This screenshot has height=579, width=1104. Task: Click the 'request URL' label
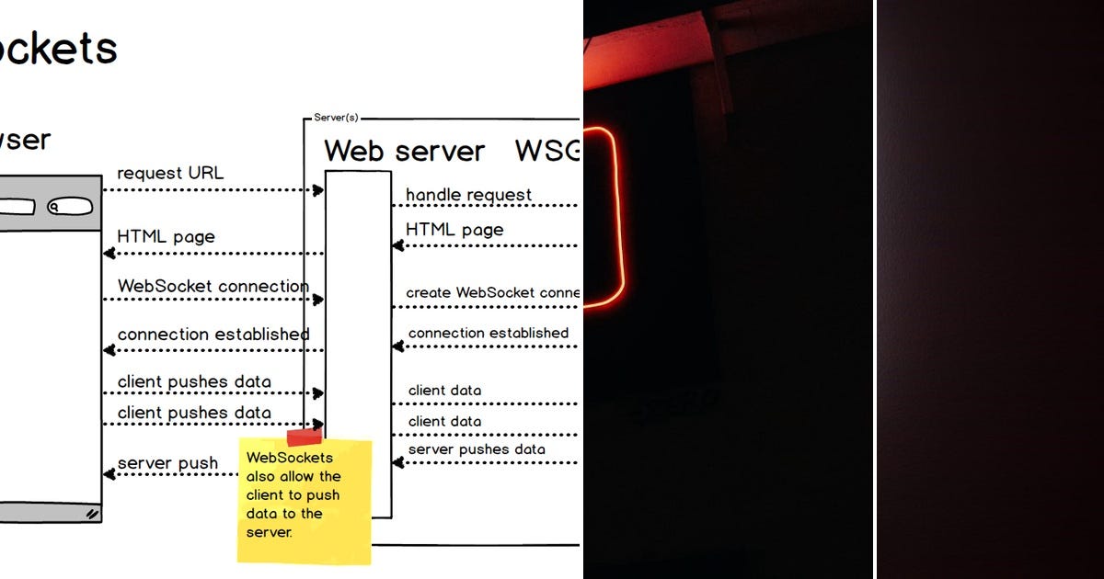point(170,173)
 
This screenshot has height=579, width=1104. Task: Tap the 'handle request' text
point(468,195)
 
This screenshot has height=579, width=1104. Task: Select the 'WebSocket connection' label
point(213,286)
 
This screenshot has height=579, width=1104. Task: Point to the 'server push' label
point(167,462)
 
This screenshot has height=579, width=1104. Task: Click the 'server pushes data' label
point(477,449)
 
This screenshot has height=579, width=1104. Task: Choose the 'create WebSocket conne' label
point(492,292)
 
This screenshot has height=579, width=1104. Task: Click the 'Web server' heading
point(404,151)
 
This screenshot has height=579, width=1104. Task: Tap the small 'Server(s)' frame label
point(336,118)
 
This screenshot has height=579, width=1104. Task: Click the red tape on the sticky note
point(304,437)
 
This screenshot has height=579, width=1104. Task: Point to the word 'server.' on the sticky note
point(269,532)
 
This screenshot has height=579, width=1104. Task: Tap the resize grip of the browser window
point(92,515)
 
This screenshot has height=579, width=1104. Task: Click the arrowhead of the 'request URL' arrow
point(318,190)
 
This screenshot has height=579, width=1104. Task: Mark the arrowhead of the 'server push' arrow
point(109,474)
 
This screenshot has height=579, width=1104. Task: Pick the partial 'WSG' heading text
point(546,151)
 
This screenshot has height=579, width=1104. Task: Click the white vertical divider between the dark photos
point(874,289)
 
